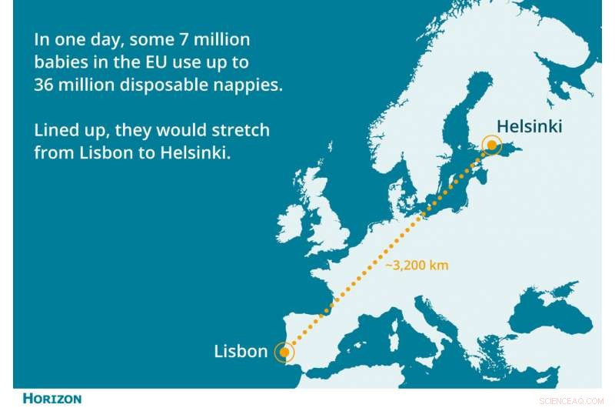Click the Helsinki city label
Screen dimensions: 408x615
pyautogui.click(x=529, y=126)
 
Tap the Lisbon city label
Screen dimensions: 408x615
pyautogui.click(x=241, y=353)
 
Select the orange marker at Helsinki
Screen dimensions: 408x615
pyautogui.click(x=490, y=144)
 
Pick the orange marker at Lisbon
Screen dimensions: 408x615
pyautogui.click(x=284, y=353)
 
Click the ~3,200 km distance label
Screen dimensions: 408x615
pyautogui.click(x=416, y=265)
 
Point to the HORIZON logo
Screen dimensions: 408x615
pyautogui.click(x=52, y=399)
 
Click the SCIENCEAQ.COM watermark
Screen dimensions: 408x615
pyautogui.click(x=573, y=400)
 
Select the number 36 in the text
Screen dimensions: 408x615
pyautogui.click(x=44, y=85)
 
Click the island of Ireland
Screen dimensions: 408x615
pyautogui.click(x=291, y=221)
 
